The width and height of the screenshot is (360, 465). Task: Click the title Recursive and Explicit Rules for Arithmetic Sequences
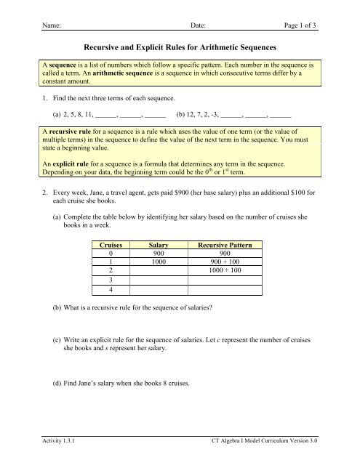(180, 47)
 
